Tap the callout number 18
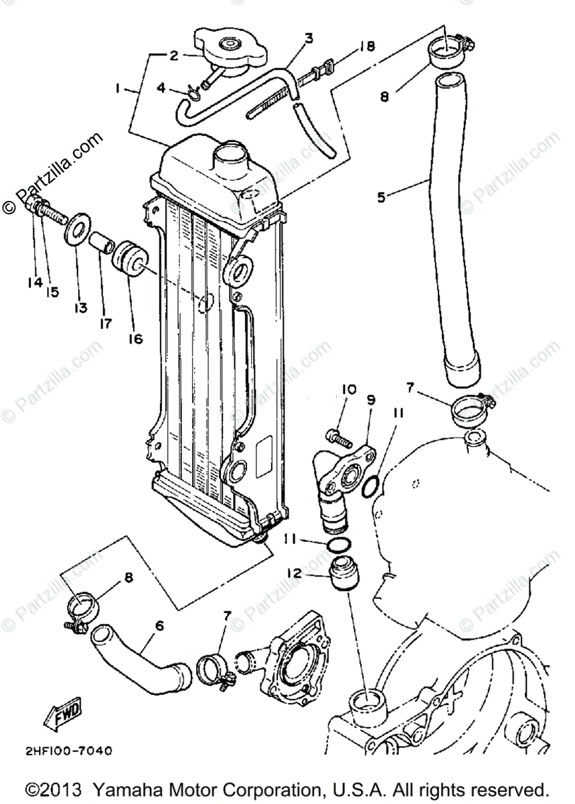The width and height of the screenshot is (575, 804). [x=367, y=46]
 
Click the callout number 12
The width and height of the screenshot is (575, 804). [x=294, y=574]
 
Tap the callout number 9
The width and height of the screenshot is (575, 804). [x=372, y=400]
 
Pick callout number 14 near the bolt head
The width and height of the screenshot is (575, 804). [x=35, y=283]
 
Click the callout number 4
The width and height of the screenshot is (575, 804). [x=160, y=88]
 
